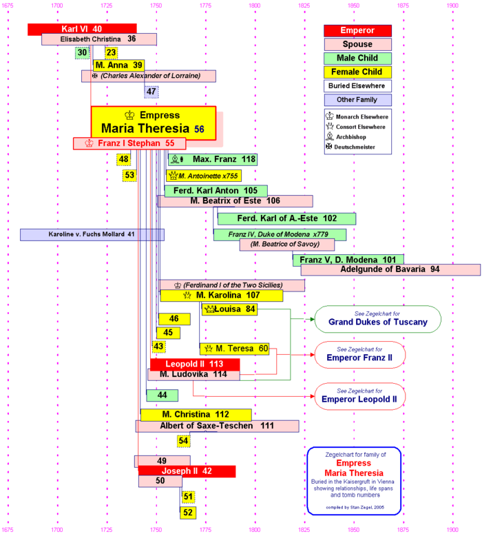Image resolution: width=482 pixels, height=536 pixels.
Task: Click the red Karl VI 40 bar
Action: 81,29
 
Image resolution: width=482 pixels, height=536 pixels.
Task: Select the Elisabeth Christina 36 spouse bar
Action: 98,39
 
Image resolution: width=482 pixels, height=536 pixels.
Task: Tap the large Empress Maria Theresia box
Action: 153,122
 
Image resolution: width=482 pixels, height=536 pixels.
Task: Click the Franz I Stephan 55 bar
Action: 130,143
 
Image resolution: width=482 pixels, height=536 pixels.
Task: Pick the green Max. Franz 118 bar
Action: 213,159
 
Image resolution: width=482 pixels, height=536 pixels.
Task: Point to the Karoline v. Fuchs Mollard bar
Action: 92,234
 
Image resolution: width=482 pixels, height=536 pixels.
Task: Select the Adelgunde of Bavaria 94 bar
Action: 390,269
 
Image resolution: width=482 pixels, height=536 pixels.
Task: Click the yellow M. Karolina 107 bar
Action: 221,296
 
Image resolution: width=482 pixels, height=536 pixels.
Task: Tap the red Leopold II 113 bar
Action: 195,364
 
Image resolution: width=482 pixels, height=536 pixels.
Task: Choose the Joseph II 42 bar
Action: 187,471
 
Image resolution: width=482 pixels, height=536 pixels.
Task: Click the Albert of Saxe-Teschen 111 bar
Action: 217,426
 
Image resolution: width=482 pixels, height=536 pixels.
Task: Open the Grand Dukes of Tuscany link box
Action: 377,319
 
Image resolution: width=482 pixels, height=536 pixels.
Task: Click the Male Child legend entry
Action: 357,59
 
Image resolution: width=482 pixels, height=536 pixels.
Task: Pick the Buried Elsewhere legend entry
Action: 357,86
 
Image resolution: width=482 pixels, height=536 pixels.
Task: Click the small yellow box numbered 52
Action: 188,513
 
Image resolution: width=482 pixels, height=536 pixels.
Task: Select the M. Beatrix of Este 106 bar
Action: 235,201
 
